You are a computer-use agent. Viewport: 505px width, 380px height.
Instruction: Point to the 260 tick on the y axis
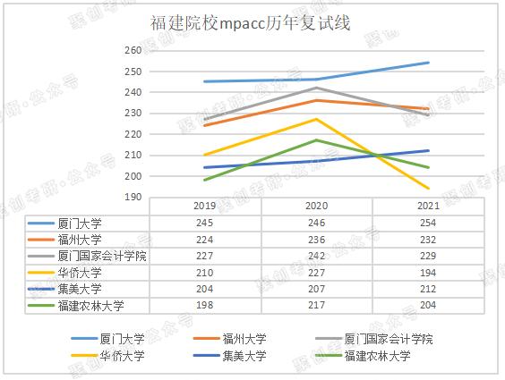point(133,51)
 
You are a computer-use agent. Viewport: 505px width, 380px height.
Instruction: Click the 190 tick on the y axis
point(133,197)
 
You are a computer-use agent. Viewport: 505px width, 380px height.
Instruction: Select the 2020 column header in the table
point(316,206)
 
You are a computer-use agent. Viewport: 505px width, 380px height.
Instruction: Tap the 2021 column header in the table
point(428,206)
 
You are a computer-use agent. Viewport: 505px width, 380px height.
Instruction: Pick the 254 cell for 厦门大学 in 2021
point(428,223)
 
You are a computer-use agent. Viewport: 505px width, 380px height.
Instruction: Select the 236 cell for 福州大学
point(316,240)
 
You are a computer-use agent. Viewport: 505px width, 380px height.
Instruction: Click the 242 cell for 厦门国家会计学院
point(316,256)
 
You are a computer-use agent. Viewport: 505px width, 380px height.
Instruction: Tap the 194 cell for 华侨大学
point(428,273)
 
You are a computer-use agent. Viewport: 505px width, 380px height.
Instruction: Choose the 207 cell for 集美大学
point(316,290)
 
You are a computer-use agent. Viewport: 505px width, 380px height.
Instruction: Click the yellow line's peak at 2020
point(316,119)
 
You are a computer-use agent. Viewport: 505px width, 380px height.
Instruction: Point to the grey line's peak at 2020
point(316,88)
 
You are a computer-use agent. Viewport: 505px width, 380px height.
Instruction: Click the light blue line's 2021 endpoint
point(428,63)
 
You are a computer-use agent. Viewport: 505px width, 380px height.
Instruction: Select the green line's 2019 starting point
point(204,180)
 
